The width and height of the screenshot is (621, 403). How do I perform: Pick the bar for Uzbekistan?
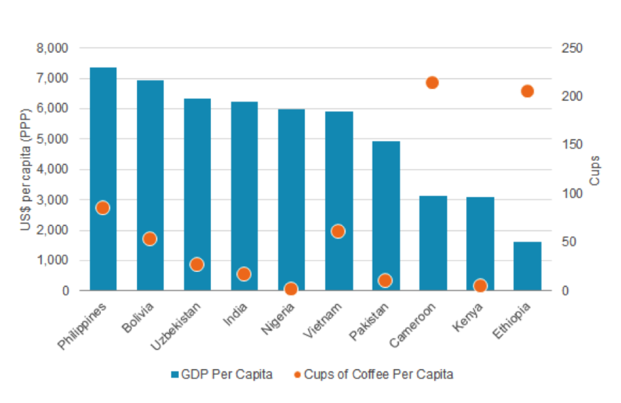click(x=197, y=172)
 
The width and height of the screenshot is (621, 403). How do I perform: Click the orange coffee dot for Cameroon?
click(x=432, y=83)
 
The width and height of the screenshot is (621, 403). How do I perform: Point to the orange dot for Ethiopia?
click(x=527, y=91)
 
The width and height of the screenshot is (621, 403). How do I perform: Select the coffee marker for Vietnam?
click(x=338, y=231)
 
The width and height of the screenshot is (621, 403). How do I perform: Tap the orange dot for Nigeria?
click(x=291, y=289)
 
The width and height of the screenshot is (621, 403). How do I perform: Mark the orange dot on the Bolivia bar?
click(x=150, y=239)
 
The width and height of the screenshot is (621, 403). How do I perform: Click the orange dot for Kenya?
click(x=480, y=286)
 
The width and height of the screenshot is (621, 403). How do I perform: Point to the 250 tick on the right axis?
click(x=572, y=48)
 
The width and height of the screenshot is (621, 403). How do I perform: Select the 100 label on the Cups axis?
click(x=572, y=194)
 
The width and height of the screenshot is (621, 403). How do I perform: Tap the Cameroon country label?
click(x=412, y=325)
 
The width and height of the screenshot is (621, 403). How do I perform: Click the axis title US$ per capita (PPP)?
click(x=26, y=170)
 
